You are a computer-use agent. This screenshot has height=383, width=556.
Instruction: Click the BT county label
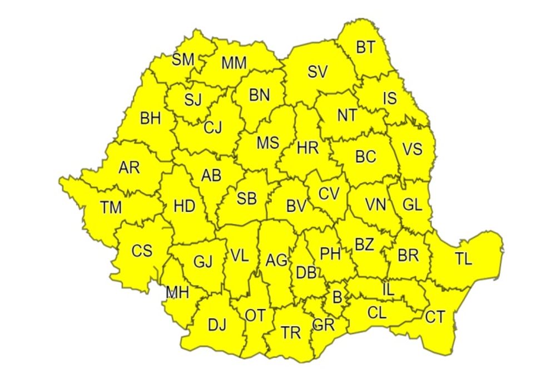click(x=365, y=48)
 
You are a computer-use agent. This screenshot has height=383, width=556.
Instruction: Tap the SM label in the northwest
click(x=183, y=60)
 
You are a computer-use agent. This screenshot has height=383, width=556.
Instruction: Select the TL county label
click(x=463, y=259)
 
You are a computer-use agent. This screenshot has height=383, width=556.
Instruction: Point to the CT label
click(x=435, y=317)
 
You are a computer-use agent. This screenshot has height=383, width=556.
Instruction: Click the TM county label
click(x=111, y=208)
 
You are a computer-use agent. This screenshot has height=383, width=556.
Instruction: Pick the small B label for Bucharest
click(x=337, y=297)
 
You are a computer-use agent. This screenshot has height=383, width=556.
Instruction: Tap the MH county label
click(x=177, y=292)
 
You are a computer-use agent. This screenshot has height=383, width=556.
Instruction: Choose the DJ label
click(x=217, y=325)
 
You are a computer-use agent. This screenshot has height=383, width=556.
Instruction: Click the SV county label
click(x=317, y=72)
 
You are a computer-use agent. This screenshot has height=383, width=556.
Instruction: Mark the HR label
click(x=307, y=148)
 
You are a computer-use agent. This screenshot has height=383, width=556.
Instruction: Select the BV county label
click(x=296, y=207)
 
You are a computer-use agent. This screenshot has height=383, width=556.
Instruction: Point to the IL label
click(x=388, y=289)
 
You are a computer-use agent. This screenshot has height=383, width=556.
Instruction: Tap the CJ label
click(x=212, y=127)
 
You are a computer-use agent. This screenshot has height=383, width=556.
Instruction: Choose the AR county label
click(x=129, y=168)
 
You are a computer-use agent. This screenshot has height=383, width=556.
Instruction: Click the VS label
click(x=412, y=149)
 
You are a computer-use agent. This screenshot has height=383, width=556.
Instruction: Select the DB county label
click(x=306, y=273)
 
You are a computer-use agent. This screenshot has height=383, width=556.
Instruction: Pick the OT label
click(x=255, y=316)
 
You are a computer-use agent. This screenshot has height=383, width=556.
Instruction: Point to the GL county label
click(x=412, y=205)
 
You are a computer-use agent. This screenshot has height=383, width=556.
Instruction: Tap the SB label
click(x=246, y=198)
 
